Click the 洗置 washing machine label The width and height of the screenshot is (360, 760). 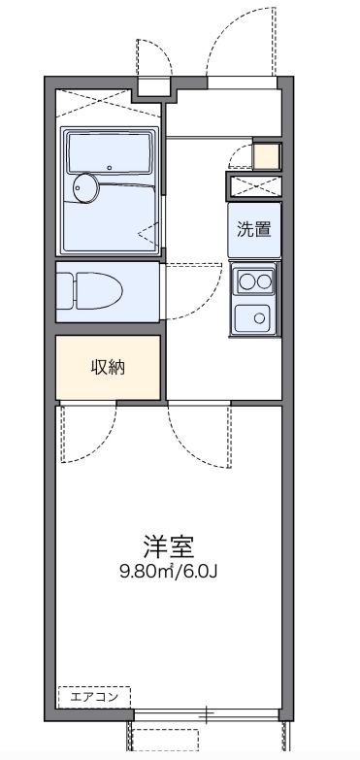pyautogui.click(x=254, y=230)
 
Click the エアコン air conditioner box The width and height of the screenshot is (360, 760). pyautogui.click(x=94, y=696)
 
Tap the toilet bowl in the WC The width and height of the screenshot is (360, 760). pyautogui.click(x=98, y=290)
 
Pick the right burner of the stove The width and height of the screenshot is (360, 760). pyautogui.click(x=264, y=282)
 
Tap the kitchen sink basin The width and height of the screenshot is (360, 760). pyautogui.click(x=255, y=314)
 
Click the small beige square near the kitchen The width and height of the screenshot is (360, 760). pyautogui.click(x=265, y=155)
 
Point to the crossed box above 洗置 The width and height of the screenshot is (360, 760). pyautogui.click(x=254, y=186)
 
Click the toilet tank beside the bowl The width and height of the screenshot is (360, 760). pyautogui.click(x=64, y=290)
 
